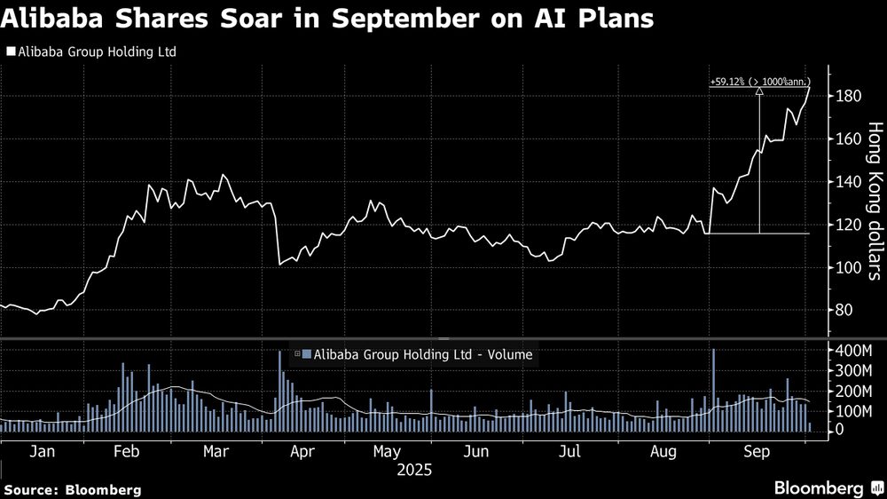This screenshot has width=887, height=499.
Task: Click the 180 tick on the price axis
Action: pyautogui.click(x=848, y=96)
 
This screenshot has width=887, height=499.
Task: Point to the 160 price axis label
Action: pyautogui.click(x=848, y=139)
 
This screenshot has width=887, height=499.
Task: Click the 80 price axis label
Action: pyautogui.click(x=844, y=311)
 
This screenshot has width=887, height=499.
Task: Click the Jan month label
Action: pyautogui.click(x=43, y=451)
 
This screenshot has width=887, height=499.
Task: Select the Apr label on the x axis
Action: pyautogui.click(x=303, y=451)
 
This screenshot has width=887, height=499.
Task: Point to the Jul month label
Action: pyautogui.click(x=569, y=451)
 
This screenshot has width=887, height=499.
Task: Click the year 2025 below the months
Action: pyautogui.click(x=414, y=470)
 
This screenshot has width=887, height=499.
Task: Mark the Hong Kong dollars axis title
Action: pyautogui.click(x=875, y=201)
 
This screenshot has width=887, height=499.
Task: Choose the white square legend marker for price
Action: pyautogui.click(x=10, y=51)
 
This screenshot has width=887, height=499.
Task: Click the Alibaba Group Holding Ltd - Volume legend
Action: pyautogui.click(x=417, y=354)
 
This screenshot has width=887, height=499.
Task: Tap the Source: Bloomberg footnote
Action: pyautogui.click(x=73, y=489)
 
